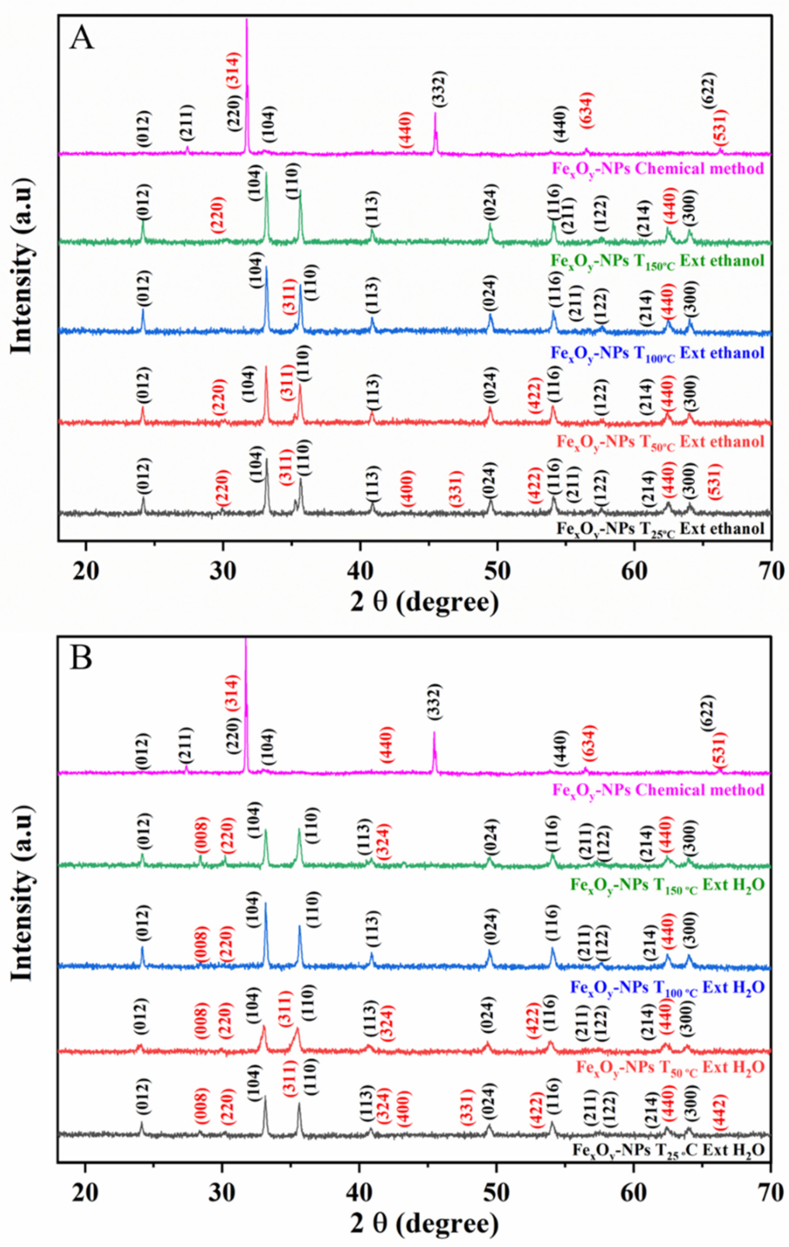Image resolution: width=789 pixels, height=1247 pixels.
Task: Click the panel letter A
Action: point(82,38)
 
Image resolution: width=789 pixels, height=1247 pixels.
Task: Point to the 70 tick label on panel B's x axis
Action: point(770,1191)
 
